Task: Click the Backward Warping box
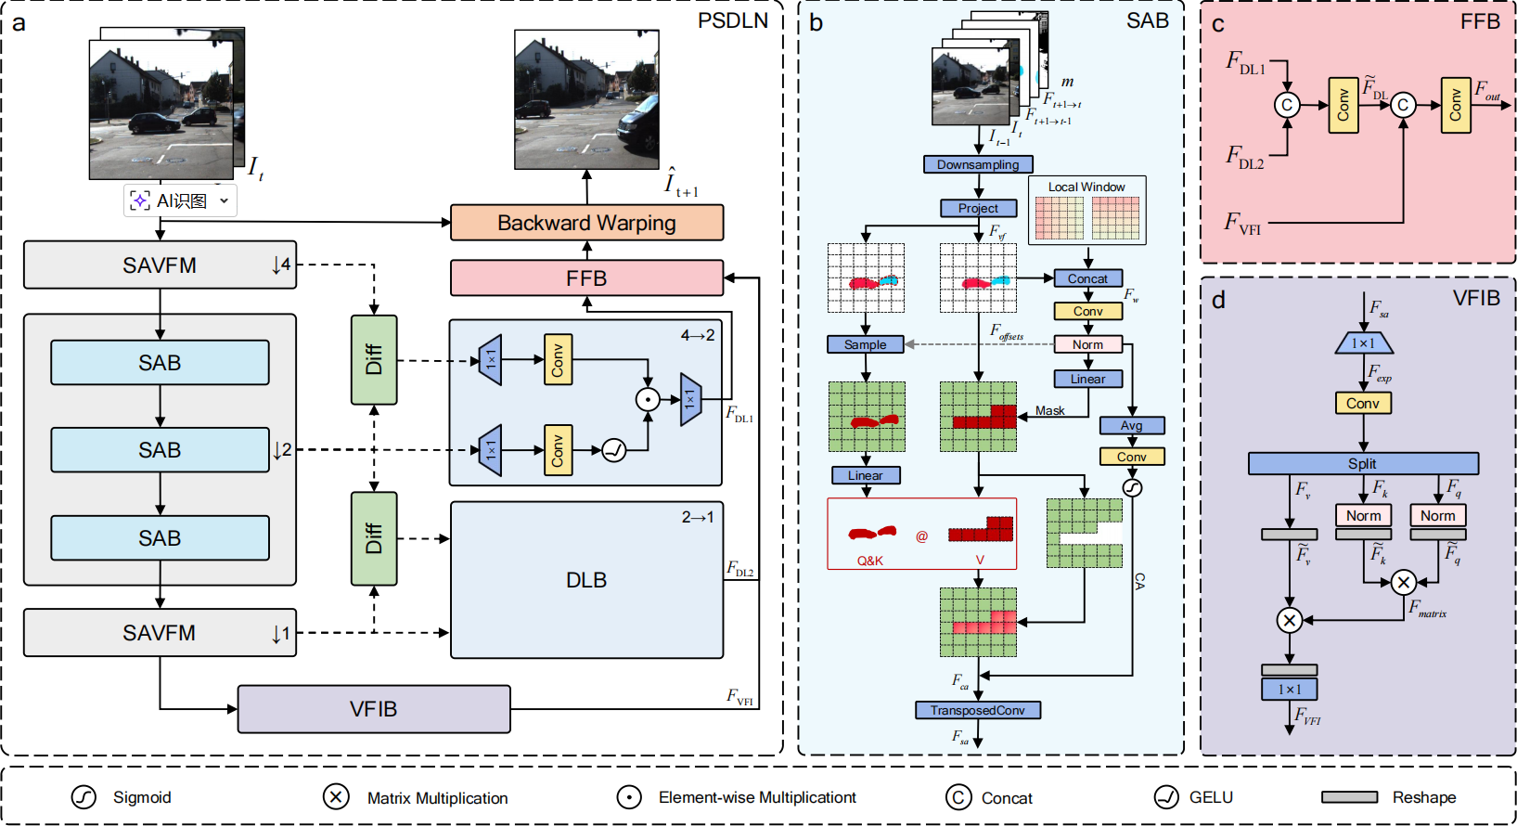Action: pyautogui.click(x=586, y=223)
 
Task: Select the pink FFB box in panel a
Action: pyautogui.click(x=586, y=278)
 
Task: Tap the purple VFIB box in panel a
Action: pyautogui.click(x=374, y=709)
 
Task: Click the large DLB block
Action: pyautogui.click(x=586, y=580)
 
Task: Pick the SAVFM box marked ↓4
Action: pyautogui.click(x=160, y=265)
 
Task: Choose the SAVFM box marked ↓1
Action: pyautogui.click(x=160, y=633)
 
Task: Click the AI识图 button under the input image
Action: pyautogui.click(x=180, y=200)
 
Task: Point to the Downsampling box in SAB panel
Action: pyautogui.click(x=978, y=164)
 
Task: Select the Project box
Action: pyautogui.click(x=978, y=209)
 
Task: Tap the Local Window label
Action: pyautogui.click(x=1086, y=187)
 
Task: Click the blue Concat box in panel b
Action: pyautogui.click(x=1087, y=278)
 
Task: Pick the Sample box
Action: pyautogui.click(x=865, y=344)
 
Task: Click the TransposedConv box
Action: pyautogui.click(x=978, y=710)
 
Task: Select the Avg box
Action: pyautogui.click(x=1131, y=425)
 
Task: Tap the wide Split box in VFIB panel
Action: pyautogui.click(x=1362, y=463)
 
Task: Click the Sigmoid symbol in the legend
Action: pyautogui.click(x=84, y=797)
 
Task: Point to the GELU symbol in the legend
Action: pyautogui.click(x=1166, y=797)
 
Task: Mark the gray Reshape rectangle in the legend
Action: pyautogui.click(x=1349, y=797)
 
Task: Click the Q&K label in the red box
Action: pyautogui.click(x=869, y=561)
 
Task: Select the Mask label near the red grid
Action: pyautogui.click(x=1049, y=410)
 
